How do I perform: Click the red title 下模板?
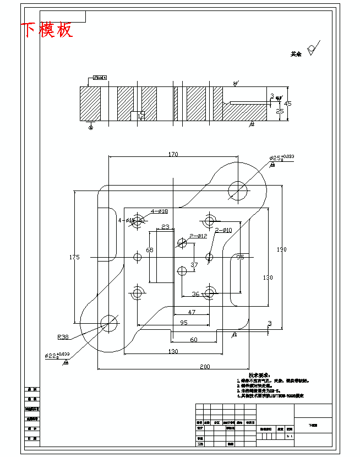(47, 30)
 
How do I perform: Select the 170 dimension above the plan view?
(173, 155)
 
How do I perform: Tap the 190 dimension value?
(281, 249)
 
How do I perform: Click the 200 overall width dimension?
(205, 366)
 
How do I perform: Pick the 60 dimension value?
(194, 340)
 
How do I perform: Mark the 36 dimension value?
(195, 293)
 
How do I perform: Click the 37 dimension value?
(194, 265)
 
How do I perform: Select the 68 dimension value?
(149, 250)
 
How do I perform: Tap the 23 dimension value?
(165, 227)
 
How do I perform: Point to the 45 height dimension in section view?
(287, 104)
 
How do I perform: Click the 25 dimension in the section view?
(280, 111)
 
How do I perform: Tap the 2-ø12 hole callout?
(198, 236)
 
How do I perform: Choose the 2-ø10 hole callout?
(223, 230)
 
